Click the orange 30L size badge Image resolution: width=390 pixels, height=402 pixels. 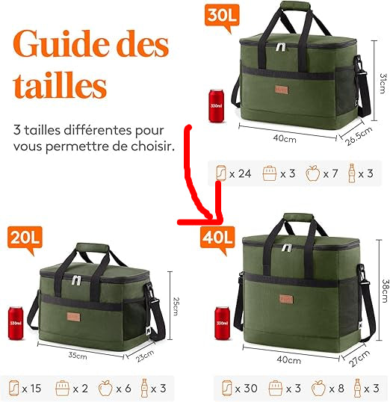[222, 16]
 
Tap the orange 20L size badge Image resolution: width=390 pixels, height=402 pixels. [25, 238]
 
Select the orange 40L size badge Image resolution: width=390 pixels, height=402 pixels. [217, 238]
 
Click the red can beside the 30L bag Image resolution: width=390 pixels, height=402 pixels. [217, 105]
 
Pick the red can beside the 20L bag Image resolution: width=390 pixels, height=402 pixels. [16, 323]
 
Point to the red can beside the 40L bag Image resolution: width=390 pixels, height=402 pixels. [222, 323]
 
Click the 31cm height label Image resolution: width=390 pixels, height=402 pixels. [383, 84]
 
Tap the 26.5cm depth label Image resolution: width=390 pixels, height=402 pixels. [358, 136]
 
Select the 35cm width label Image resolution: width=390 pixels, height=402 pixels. [78, 356]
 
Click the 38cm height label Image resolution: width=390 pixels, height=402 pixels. [386, 291]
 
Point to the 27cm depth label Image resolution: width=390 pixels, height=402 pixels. [359, 359]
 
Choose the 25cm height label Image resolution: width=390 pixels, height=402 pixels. [176, 306]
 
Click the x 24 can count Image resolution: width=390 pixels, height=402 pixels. [241, 174]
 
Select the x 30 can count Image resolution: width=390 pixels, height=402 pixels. [246, 389]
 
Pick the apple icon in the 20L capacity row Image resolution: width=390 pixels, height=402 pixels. [105, 388]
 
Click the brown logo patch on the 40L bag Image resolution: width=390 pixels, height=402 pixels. [286, 299]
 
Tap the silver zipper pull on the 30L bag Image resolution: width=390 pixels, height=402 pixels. [281, 46]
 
